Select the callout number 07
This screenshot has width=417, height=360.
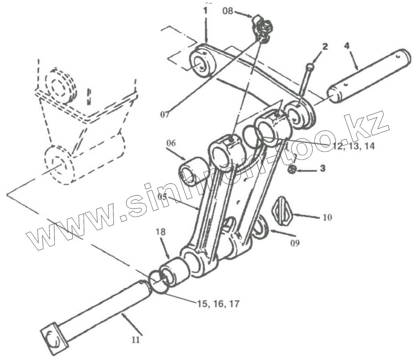tap(166, 114)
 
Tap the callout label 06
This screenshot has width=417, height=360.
tap(171, 143)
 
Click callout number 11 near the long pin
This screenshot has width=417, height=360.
tap(136, 340)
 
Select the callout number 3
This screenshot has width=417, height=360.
tap(322, 169)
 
